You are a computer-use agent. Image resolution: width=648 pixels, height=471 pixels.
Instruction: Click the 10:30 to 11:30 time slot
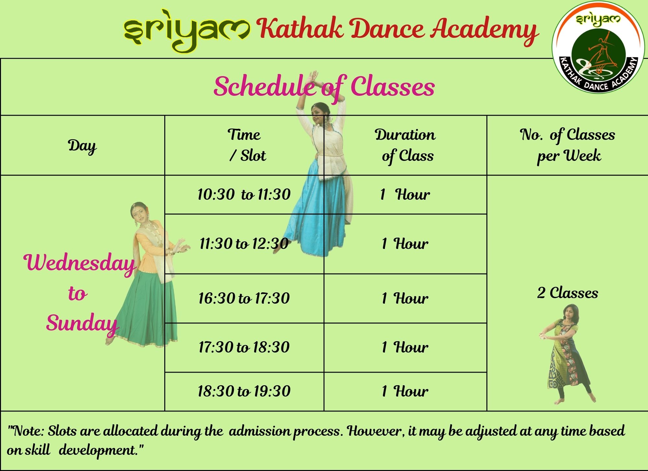click(x=244, y=194)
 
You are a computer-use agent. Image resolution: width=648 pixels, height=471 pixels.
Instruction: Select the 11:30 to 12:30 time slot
click(x=244, y=243)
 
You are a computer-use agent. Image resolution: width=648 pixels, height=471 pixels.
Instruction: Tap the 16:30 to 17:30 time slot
click(x=244, y=298)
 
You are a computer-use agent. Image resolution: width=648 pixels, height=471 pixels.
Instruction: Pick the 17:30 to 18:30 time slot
click(x=244, y=347)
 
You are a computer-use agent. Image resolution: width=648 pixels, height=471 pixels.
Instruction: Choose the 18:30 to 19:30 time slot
click(x=244, y=391)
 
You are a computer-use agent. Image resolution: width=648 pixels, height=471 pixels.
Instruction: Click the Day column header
click(x=82, y=146)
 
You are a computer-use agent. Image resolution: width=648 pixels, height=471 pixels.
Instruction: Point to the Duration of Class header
click(x=405, y=145)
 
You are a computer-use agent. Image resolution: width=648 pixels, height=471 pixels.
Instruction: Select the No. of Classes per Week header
click(x=568, y=145)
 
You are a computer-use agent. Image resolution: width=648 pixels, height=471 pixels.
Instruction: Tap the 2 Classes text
click(x=568, y=293)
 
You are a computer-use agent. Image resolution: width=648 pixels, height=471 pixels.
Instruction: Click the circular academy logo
click(x=598, y=47)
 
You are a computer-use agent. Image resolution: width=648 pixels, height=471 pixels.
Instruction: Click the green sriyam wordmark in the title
click(x=187, y=31)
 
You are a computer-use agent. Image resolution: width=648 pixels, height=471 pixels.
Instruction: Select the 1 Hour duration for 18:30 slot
click(x=405, y=391)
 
